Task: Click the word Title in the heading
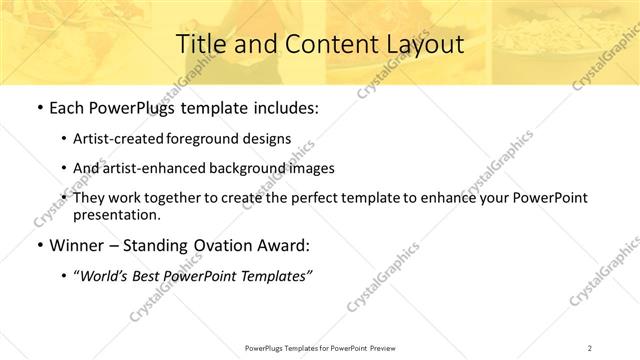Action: (x=200, y=44)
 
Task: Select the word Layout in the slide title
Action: (x=422, y=44)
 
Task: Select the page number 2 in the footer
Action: (x=589, y=348)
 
